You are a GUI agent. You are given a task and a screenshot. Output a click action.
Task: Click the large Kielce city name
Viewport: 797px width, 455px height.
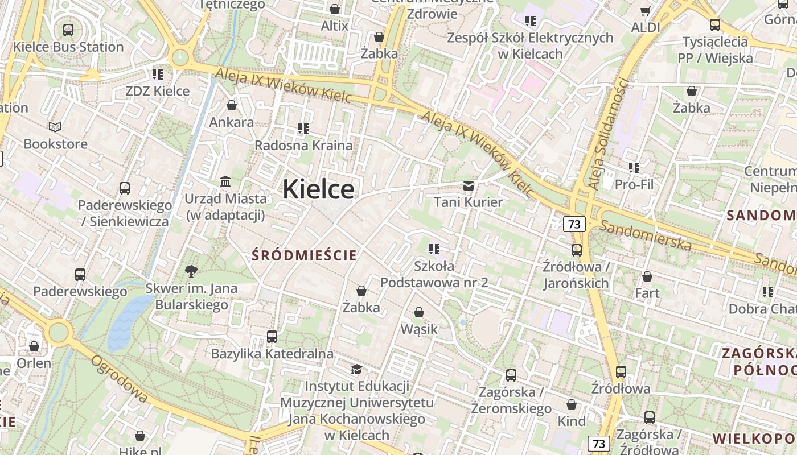(318, 189)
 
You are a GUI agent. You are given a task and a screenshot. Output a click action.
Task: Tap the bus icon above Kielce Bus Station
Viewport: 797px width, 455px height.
(68, 30)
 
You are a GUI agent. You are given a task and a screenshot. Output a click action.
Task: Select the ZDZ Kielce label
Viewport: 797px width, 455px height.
(157, 91)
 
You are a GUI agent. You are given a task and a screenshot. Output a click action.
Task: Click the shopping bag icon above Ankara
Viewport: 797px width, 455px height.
(232, 105)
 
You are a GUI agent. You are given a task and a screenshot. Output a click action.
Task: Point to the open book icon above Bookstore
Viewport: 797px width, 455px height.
(55, 127)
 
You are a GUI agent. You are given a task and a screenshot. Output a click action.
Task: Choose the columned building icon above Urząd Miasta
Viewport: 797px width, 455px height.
(225, 182)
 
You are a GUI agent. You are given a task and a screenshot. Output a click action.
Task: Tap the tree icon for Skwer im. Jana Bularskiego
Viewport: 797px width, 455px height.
(191, 271)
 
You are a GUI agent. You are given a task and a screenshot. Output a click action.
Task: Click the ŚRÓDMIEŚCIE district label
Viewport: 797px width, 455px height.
(305, 255)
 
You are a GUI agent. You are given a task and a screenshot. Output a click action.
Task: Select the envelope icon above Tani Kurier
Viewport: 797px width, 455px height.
(469, 185)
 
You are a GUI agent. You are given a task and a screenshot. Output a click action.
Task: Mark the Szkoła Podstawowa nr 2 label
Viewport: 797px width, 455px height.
(434, 274)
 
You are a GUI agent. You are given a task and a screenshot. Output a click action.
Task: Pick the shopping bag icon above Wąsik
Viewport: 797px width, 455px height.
(419, 312)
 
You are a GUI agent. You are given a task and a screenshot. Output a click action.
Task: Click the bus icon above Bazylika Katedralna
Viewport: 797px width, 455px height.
(272, 337)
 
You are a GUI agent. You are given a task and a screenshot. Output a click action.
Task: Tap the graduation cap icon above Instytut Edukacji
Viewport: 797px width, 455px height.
(356, 370)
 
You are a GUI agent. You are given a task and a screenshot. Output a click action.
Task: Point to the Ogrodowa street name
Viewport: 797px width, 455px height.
(119, 379)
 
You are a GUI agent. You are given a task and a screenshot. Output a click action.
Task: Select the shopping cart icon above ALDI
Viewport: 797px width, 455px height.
(646, 11)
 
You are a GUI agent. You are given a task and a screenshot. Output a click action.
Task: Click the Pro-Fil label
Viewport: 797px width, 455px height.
(634, 184)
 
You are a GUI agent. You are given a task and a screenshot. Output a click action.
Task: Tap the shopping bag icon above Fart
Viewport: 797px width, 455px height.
(647, 276)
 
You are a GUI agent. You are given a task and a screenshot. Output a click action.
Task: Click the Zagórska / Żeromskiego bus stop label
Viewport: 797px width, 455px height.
(511, 400)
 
